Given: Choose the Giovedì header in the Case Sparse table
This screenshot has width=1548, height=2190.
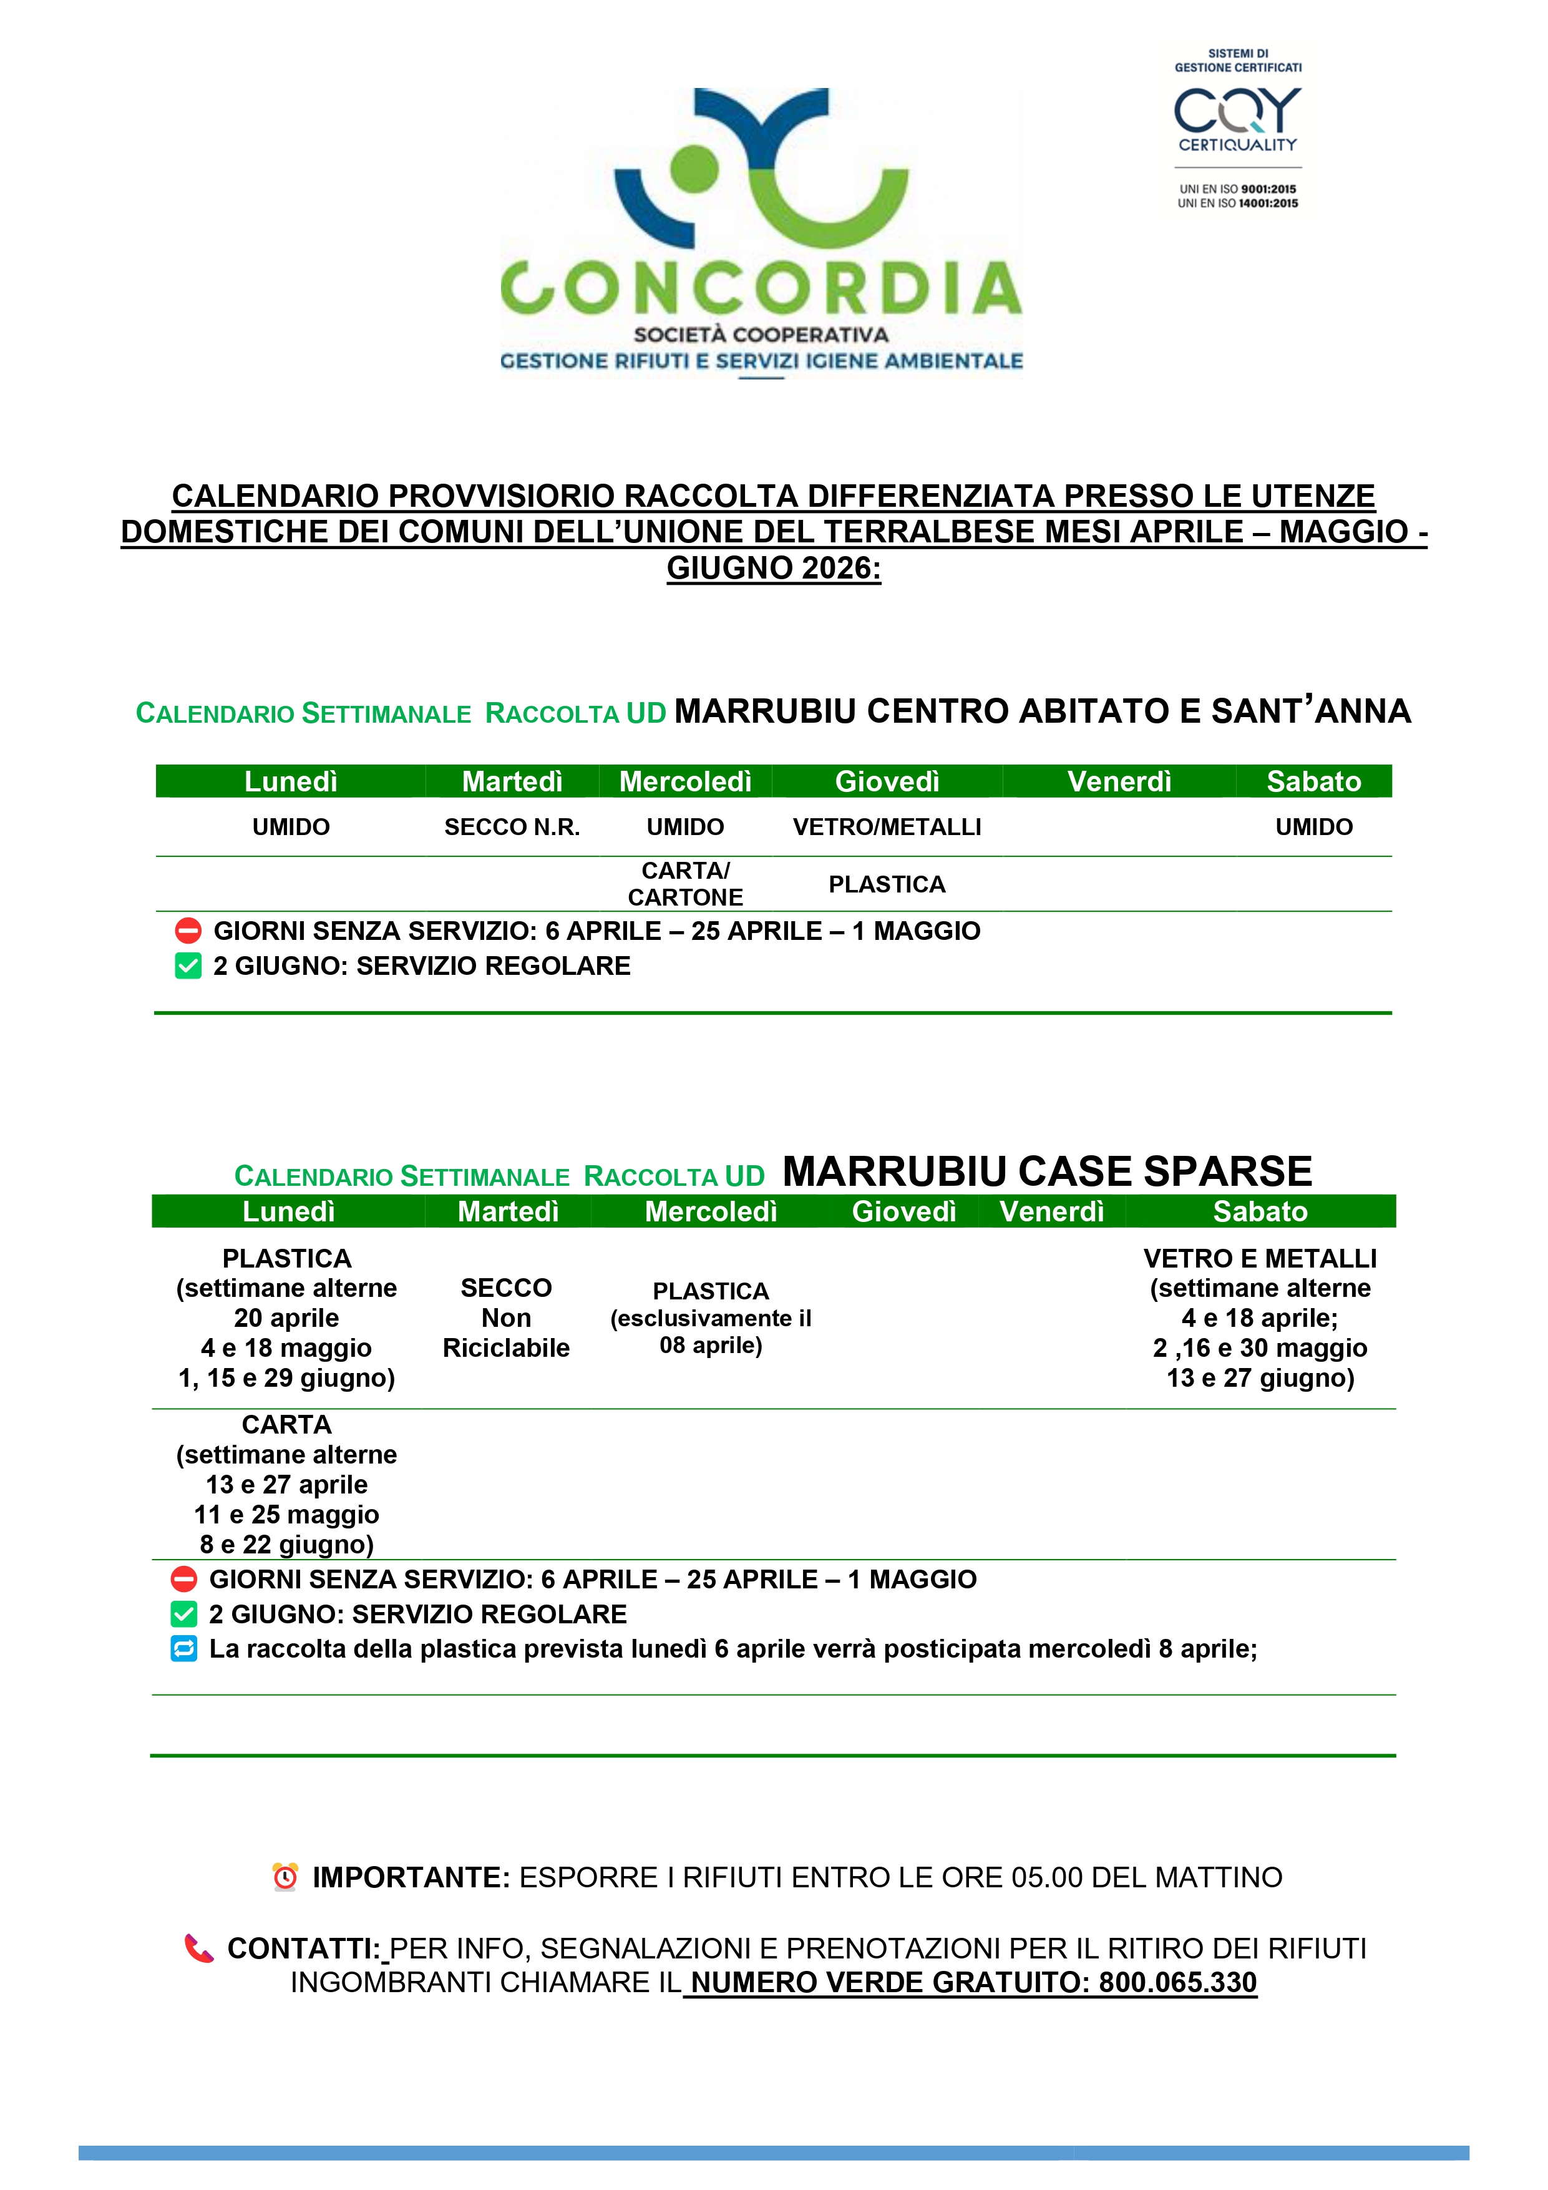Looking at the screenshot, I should coord(903,1211).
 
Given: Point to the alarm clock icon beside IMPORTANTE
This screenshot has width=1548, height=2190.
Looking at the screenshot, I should coord(285,1877).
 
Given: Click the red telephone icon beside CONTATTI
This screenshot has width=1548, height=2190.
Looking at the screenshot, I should coord(198,1948).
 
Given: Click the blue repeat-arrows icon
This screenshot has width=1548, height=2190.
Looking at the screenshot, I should coord(184,1648).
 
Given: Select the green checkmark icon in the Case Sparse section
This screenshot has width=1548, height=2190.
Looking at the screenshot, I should coord(184,1614).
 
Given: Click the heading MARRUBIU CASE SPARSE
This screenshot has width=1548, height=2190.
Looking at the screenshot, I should coord(1046,1171).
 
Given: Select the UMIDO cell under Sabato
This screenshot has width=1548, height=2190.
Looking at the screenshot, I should coord(1313,827).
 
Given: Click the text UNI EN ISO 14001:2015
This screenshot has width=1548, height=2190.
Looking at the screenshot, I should coord(1237,203).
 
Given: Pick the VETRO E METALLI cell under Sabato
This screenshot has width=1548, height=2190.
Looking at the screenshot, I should coord(1259,1317).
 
